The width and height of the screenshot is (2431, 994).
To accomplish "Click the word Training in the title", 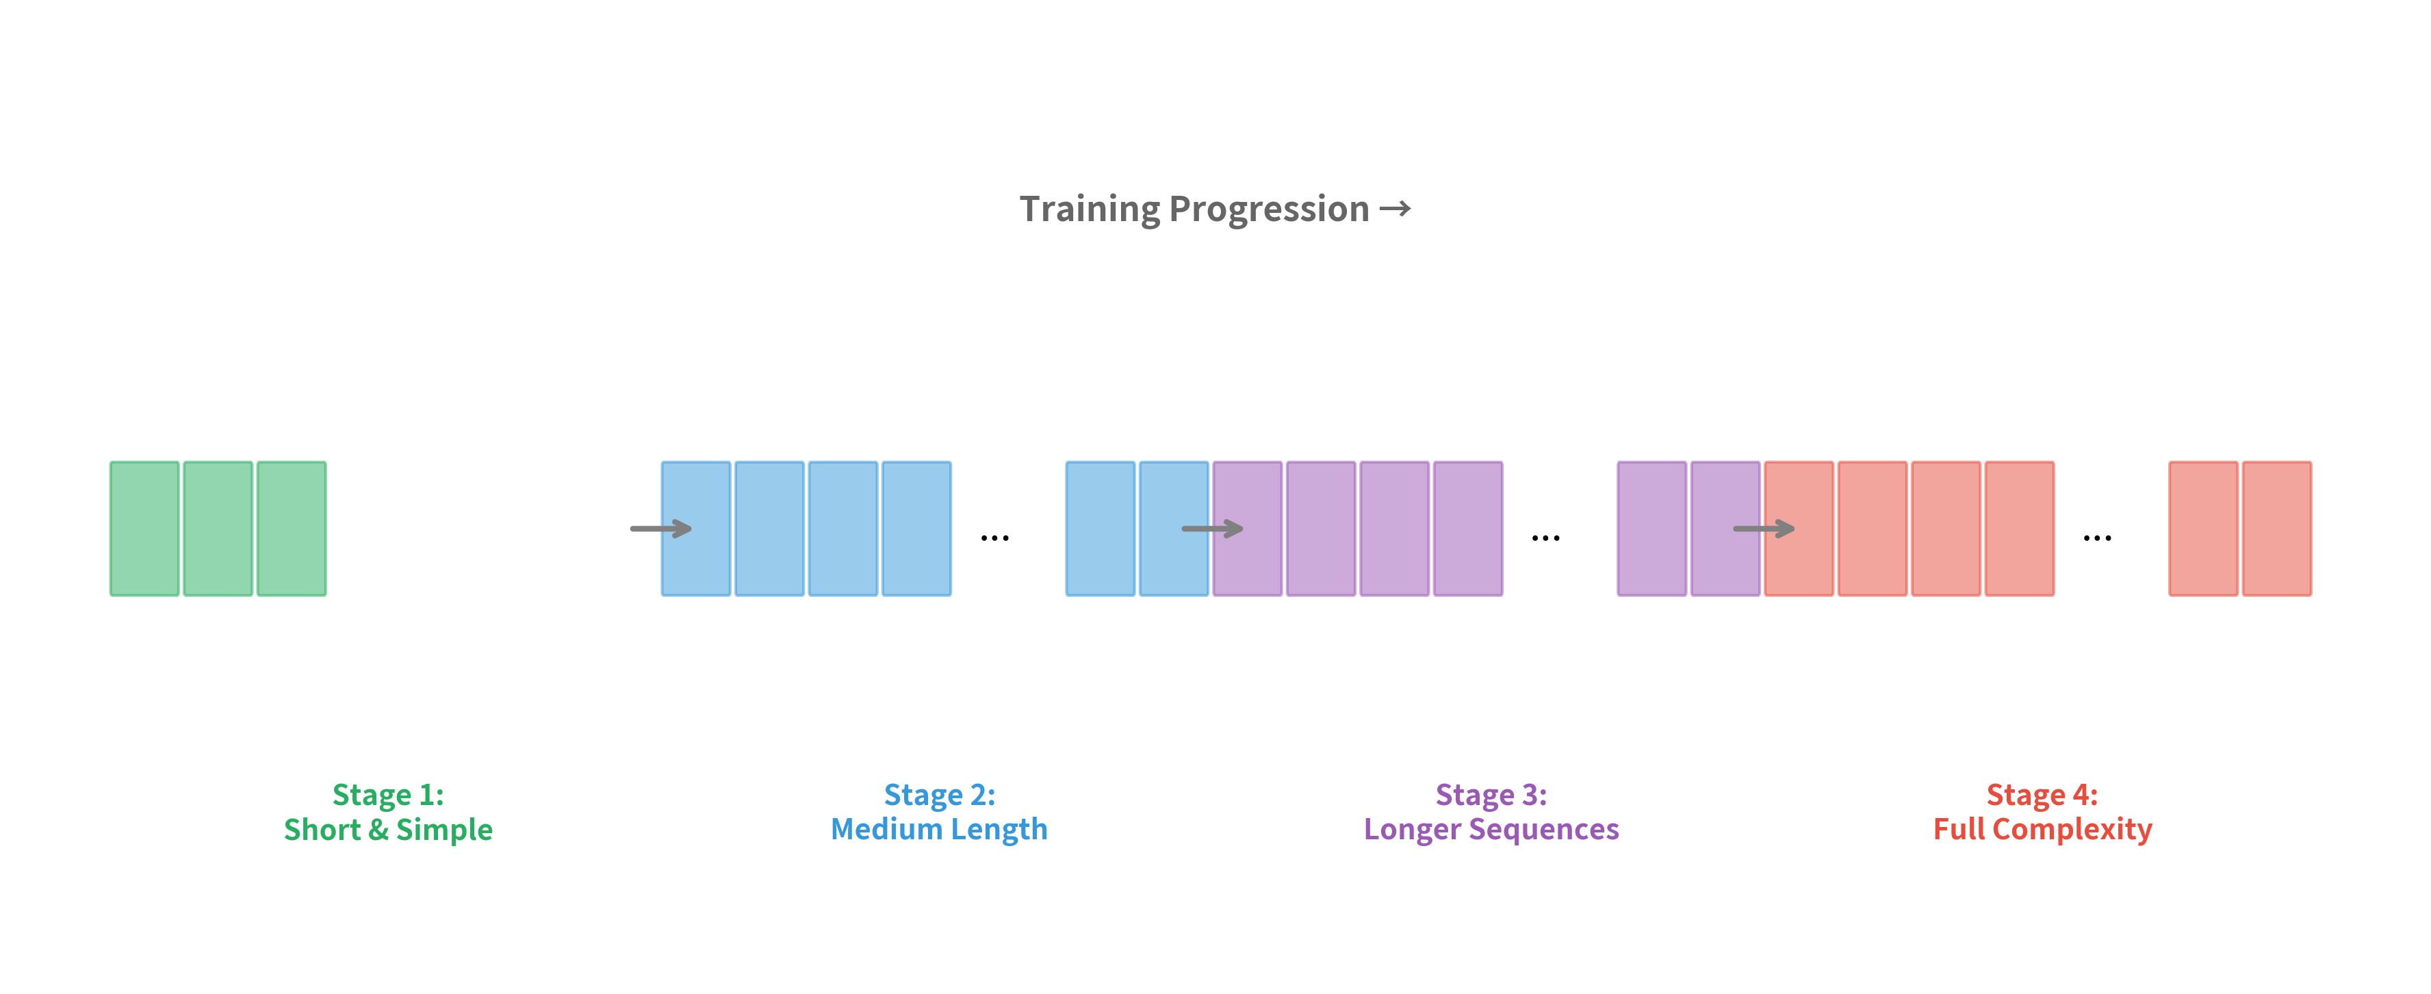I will click(1089, 209).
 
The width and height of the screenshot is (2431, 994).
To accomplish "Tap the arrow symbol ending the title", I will click(1395, 209).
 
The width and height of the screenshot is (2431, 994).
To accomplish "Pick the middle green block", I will click(218, 528).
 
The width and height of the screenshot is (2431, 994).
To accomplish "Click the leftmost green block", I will click(144, 528).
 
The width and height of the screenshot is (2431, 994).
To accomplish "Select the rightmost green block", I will click(292, 528).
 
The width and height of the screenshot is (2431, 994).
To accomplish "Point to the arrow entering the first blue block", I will click(660, 528).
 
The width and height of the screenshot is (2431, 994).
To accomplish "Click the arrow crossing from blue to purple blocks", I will click(1211, 528).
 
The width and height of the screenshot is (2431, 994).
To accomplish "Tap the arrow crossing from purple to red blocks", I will click(1763, 528).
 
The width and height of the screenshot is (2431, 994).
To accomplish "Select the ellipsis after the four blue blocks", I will click(994, 538).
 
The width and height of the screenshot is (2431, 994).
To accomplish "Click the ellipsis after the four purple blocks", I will click(1546, 538).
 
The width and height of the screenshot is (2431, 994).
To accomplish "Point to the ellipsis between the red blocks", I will click(2097, 538).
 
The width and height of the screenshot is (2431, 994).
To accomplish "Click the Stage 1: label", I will click(388, 795).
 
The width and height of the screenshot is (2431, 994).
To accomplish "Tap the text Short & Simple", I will click(388, 830).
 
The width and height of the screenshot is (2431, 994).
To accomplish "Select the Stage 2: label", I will click(939, 795).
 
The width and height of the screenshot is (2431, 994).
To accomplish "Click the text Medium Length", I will click(939, 830).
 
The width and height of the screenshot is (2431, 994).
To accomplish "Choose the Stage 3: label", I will click(1491, 795).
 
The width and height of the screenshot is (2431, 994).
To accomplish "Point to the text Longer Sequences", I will click(1491, 830).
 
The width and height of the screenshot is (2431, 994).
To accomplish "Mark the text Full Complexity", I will click(2042, 830).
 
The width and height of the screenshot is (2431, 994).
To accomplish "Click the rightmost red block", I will click(2276, 528).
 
